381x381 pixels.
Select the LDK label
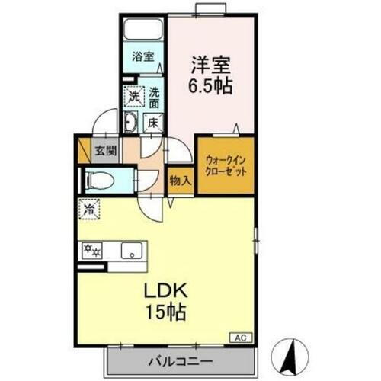pos(165,293)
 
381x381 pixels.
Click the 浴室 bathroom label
pos(142,56)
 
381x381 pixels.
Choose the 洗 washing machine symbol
pos(134,96)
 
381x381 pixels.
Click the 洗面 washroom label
pos(153,97)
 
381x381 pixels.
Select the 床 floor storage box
pos(152,122)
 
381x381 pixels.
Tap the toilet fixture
pos(98,181)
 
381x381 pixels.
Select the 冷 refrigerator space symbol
pos(90,207)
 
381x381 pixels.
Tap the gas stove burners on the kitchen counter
pos(94,248)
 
